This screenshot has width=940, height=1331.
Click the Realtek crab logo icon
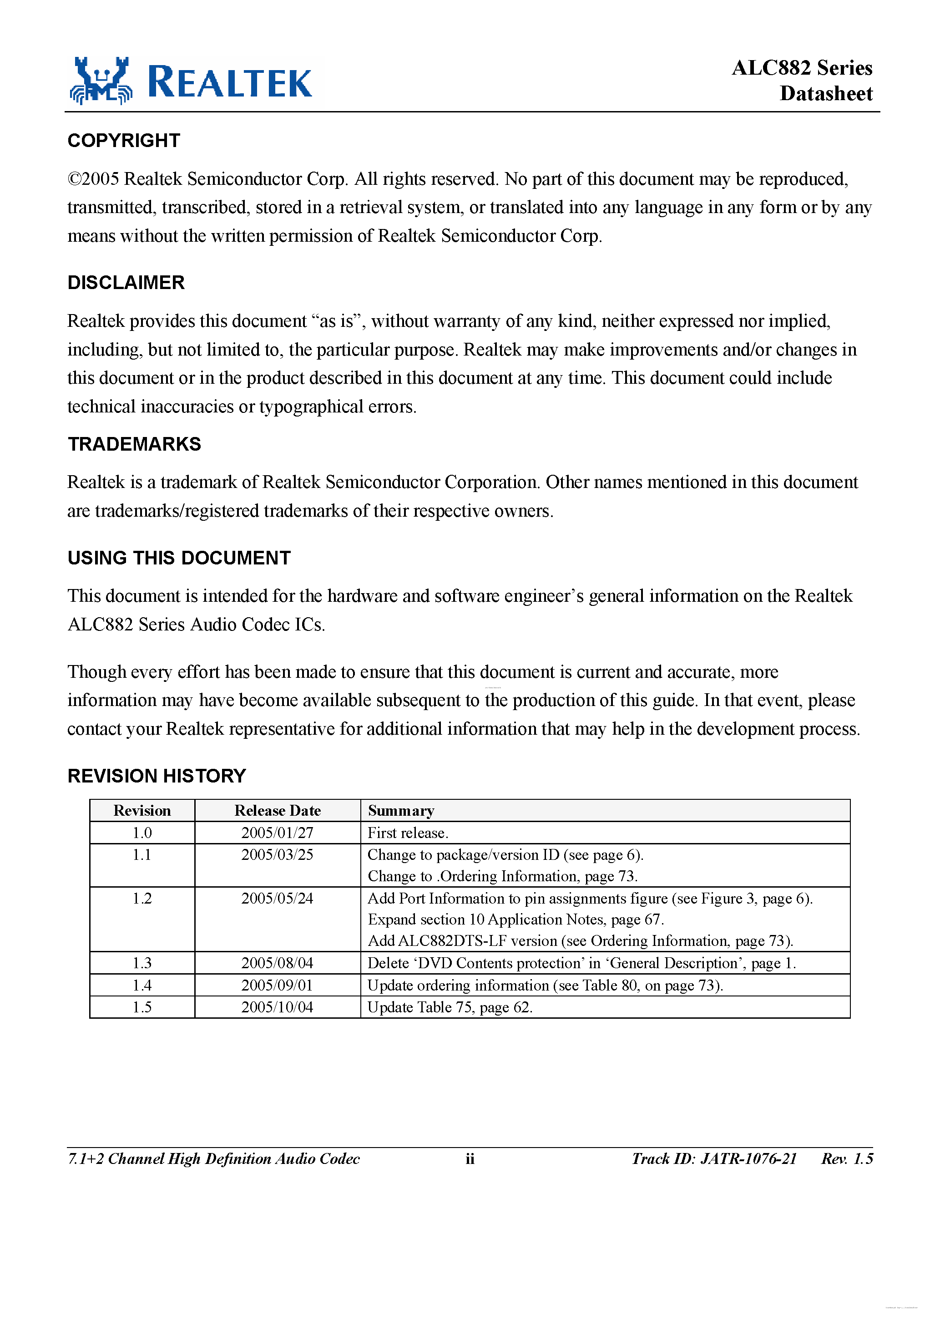tap(101, 81)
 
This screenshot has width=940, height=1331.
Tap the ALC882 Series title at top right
tap(802, 68)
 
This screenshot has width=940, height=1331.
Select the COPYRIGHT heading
tap(124, 140)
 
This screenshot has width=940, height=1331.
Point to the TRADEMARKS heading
tap(135, 444)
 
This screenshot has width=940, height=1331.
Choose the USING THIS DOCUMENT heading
tap(179, 558)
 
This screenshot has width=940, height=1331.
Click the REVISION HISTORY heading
tap(157, 776)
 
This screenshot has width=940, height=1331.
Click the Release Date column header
tap(277, 810)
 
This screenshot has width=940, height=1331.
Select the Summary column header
tap(401, 810)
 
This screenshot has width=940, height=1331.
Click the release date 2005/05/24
tap(277, 899)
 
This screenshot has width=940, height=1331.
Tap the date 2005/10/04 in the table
tap(277, 1007)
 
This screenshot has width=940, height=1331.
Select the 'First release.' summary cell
tap(408, 833)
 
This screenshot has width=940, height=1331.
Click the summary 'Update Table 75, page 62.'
tap(450, 1007)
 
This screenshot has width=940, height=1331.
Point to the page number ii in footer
tap(470, 1159)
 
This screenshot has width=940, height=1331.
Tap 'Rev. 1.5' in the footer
tap(847, 1159)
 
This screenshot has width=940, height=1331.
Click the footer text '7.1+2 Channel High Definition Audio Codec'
tap(213, 1159)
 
